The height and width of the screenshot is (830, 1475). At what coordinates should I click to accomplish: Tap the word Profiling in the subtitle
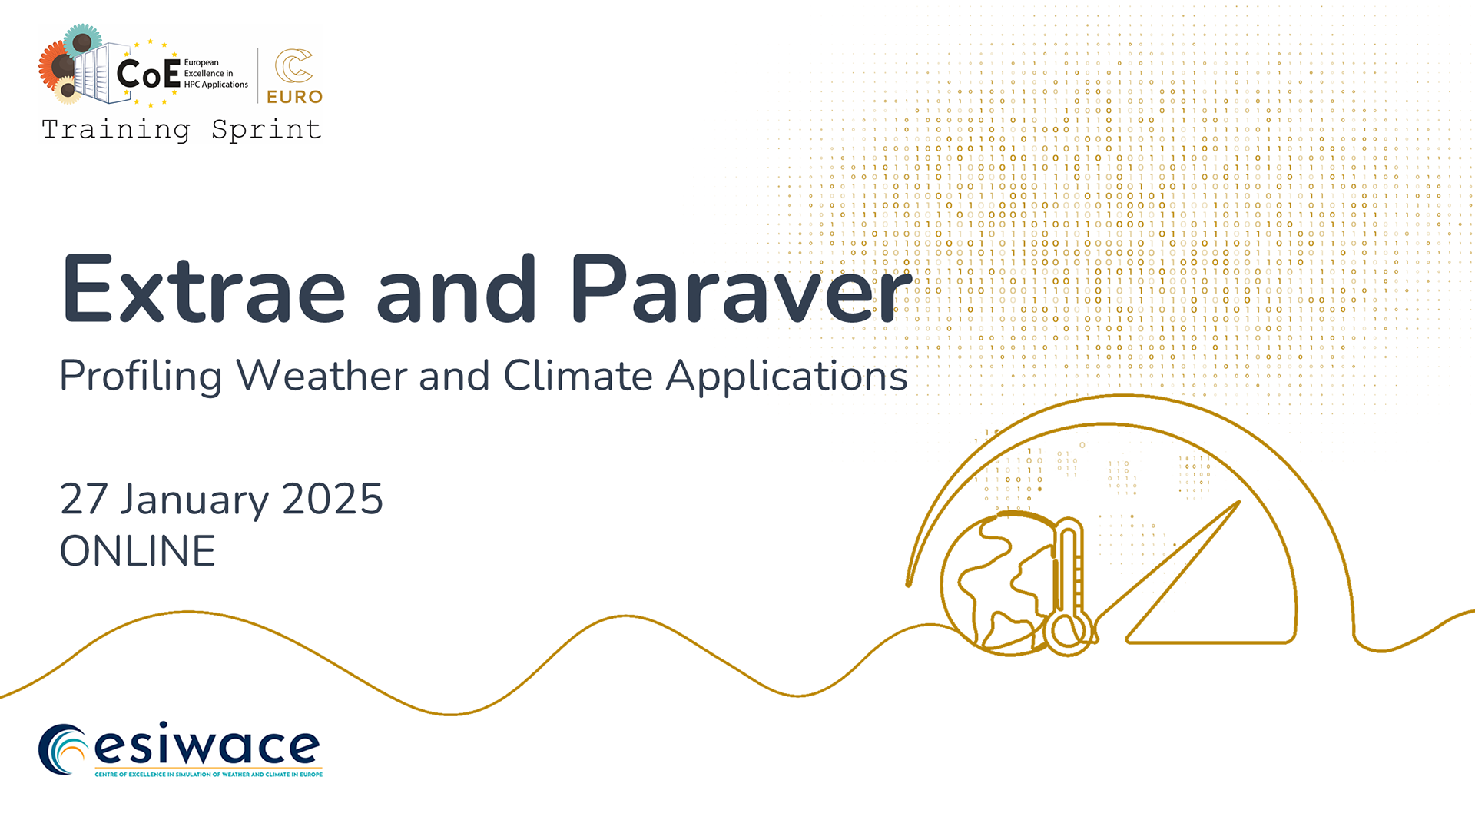141,377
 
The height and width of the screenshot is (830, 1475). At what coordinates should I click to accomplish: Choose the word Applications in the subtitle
787,377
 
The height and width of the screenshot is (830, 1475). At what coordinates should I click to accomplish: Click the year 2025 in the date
333,500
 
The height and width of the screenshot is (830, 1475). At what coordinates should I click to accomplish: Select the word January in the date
194,500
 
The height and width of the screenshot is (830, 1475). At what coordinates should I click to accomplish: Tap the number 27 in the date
84,500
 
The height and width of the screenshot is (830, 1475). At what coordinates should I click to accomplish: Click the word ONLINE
138,551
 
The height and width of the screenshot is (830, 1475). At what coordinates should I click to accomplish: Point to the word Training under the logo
116,130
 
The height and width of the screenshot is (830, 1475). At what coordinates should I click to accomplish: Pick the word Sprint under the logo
266,130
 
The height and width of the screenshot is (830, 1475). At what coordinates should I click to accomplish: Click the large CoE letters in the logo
148,74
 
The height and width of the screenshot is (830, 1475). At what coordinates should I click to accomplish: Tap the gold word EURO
294,97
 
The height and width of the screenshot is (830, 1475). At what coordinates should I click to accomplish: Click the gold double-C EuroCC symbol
293,65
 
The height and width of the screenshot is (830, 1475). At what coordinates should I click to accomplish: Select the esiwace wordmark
207,746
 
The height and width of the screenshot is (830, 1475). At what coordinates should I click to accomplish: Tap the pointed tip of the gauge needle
1239,502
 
